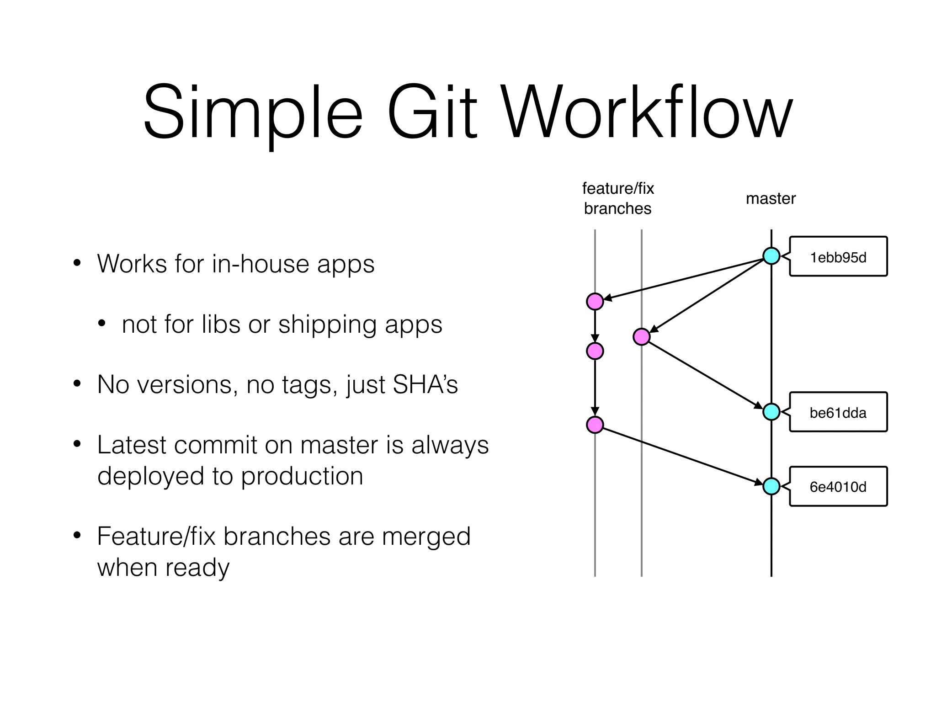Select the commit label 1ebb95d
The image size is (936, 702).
(838, 257)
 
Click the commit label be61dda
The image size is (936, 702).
(838, 413)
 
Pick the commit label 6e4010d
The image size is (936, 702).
(838, 487)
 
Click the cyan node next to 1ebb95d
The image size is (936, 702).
(771, 256)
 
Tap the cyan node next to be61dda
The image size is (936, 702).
(771, 412)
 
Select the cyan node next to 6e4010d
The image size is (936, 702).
(771, 486)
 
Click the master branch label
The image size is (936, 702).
(771, 198)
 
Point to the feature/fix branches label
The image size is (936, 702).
(618, 198)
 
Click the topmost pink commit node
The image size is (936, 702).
(595, 302)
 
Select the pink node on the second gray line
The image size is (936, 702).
(642, 337)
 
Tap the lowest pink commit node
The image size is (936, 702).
(595, 425)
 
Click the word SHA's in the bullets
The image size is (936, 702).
(425, 384)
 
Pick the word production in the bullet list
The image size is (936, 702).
(302, 476)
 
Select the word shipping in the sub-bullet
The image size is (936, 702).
(327, 325)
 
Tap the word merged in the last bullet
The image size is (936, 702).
(426, 536)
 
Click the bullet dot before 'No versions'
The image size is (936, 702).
(77, 383)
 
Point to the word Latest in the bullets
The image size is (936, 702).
(132, 445)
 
